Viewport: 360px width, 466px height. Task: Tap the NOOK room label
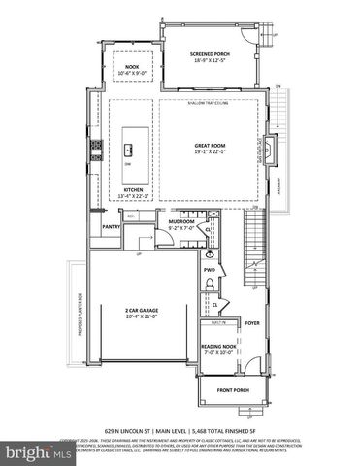coord(127,67)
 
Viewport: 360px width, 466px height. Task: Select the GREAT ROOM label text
coord(210,146)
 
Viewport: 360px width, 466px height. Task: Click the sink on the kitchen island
coord(129,149)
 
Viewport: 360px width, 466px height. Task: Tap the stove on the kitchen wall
coord(96,149)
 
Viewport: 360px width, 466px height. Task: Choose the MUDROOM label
coord(181,221)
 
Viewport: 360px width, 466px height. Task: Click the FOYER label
coord(252,323)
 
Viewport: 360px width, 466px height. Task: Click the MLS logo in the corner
coord(34,451)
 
